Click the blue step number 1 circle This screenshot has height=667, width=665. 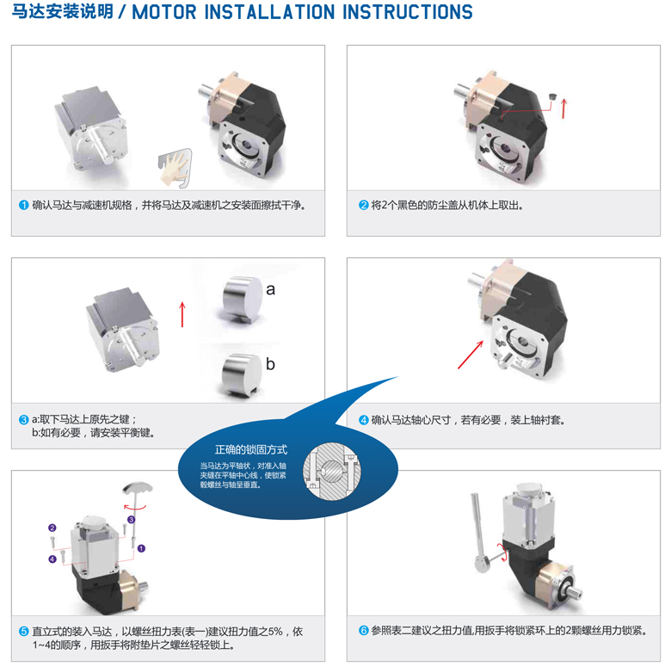24,206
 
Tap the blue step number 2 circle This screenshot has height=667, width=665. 364,206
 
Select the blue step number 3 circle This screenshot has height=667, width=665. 24,419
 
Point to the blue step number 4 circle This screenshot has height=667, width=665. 364,420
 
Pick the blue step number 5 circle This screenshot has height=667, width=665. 24,631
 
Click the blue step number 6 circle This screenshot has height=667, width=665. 364,631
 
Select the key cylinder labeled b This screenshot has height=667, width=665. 238,367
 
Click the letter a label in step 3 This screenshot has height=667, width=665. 270,289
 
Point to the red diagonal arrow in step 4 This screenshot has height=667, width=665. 470,352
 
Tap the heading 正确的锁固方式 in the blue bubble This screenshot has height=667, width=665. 250,449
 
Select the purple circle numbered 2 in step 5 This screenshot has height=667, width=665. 52,528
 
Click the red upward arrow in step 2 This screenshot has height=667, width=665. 563,107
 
